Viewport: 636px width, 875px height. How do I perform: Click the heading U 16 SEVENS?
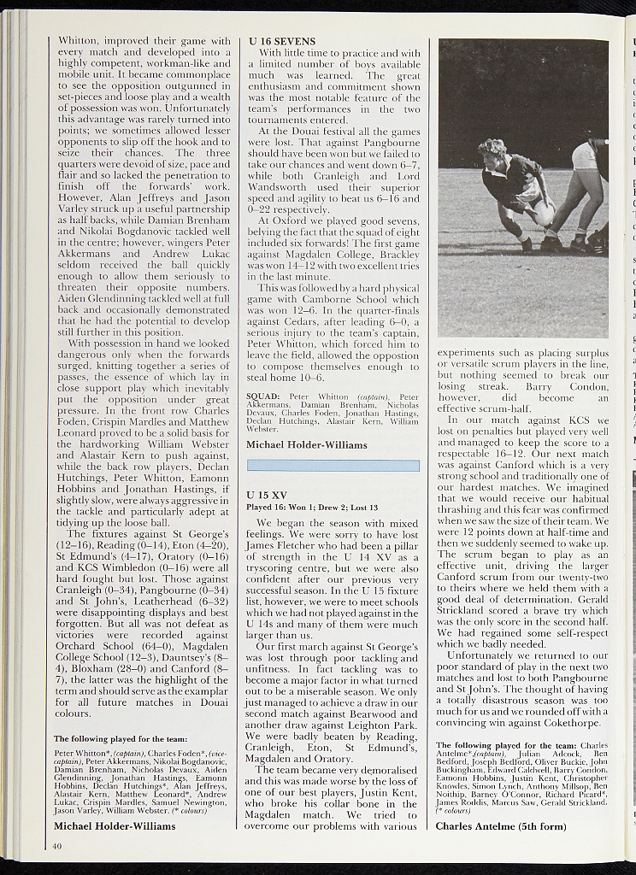tap(281, 41)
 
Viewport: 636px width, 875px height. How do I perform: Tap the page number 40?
tap(56, 846)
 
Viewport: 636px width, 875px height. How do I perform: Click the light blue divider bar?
tap(333, 466)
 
